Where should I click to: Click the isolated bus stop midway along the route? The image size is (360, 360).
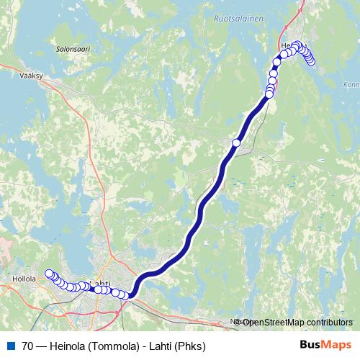[236, 143]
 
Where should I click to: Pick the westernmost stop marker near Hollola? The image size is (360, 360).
[49, 273]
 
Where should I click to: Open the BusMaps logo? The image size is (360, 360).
[325, 344]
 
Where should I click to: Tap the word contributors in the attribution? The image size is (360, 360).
[328, 323]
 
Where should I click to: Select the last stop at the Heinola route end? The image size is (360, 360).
[312, 61]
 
